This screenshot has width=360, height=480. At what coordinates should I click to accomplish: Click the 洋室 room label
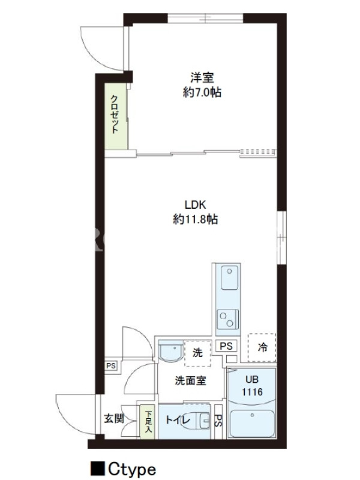click(x=202, y=77)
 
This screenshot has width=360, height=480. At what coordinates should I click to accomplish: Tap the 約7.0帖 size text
click(x=202, y=92)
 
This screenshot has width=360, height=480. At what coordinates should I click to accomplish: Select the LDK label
click(x=196, y=205)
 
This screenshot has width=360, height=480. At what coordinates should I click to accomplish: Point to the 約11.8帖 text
click(x=196, y=219)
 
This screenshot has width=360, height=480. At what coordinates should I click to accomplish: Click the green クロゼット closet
click(x=116, y=116)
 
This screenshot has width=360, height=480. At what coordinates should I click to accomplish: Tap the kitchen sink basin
click(x=230, y=278)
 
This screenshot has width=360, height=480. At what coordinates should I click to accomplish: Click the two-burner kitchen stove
click(x=228, y=319)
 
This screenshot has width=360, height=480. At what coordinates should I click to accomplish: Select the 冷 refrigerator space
click(x=262, y=347)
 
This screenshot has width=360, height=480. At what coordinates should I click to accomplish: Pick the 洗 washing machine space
click(x=198, y=353)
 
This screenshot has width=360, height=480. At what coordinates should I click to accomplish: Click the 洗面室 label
click(x=190, y=380)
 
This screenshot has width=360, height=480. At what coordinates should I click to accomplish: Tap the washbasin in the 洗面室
click(x=171, y=351)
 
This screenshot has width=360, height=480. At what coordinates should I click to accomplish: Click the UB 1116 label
click(x=252, y=386)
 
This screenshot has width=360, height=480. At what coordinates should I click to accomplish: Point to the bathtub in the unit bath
click(x=252, y=424)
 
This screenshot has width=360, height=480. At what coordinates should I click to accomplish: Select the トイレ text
click(x=178, y=420)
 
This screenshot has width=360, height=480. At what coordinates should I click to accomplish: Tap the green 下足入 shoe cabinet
click(x=148, y=422)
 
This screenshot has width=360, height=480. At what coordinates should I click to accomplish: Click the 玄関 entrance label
click(x=114, y=418)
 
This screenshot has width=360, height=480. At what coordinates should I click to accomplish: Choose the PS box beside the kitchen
click(x=226, y=346)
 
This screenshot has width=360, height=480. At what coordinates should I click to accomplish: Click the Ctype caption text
click(x=132, y=469)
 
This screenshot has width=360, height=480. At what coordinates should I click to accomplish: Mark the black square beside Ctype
click(x=98, y=469)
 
